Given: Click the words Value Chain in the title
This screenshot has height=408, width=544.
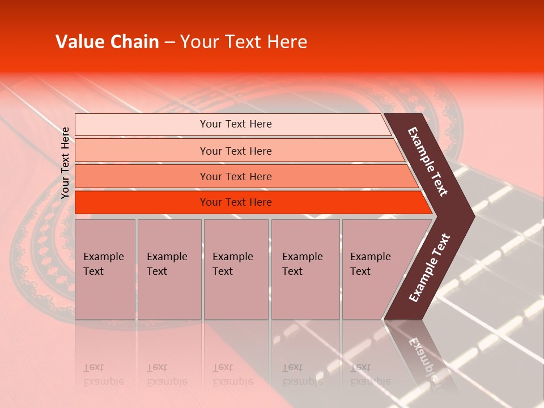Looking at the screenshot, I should coord(107,42).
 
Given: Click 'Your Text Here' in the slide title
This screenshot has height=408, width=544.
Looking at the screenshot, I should coord(244,42).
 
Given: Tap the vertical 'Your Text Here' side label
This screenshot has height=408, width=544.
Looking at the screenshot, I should coord(65,163).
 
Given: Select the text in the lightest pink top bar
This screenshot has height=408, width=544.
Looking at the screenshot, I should coord(236,124).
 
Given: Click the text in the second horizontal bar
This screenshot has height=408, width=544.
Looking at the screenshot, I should coord(236,151).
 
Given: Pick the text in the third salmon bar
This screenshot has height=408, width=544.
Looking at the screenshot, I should coord(236,177).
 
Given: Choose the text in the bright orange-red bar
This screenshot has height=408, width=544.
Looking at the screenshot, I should coord(236,202).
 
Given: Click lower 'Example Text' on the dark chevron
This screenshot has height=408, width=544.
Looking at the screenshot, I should coord(430,268).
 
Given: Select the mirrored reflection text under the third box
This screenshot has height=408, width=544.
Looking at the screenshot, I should coord(232,375).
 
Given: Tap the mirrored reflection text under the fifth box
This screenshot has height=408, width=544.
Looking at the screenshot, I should coord(370,375).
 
